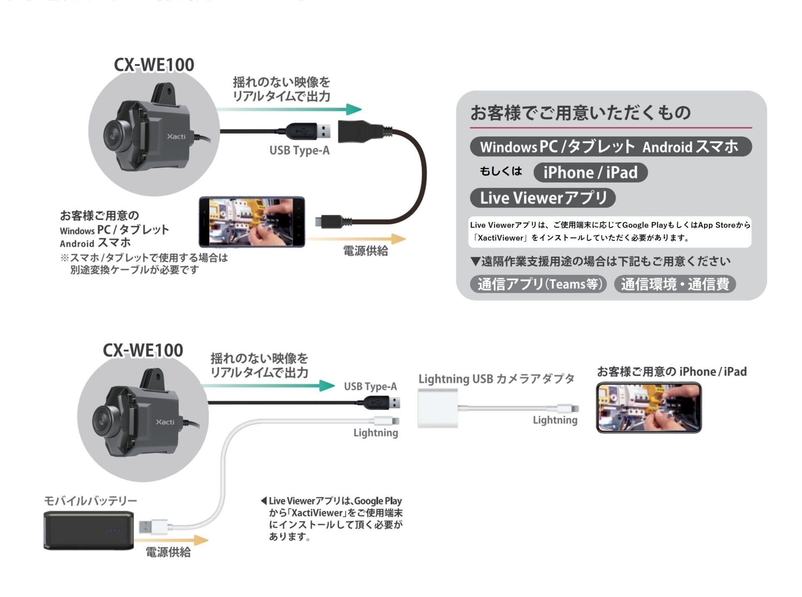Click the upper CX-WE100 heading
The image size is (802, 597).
[154, 65]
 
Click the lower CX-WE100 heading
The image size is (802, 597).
[143, 350]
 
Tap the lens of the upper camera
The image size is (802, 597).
[113, 134]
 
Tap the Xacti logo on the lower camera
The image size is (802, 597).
[165, 422]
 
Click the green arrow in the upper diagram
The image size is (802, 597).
[288, 109]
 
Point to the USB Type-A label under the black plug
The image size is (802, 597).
[299, 150]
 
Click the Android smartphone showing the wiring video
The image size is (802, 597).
[251, 222]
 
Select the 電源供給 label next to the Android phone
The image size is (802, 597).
[365, 251]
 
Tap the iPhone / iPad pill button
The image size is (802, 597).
[590, 172]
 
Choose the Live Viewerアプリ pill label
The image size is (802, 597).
[543, 198]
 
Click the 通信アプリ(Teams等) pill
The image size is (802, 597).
[538, 284]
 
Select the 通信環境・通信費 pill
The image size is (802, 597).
[675, 284]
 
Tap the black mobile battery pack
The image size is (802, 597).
[89, 531]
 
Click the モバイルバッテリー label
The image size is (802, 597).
[91, 501]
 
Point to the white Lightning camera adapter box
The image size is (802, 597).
[438, 408]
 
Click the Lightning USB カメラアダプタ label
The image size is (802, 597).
[496, 379]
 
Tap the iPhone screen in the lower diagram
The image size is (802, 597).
[649, 407]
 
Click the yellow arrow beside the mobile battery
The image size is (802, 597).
[171, 540]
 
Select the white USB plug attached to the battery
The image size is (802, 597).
[152, 526]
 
